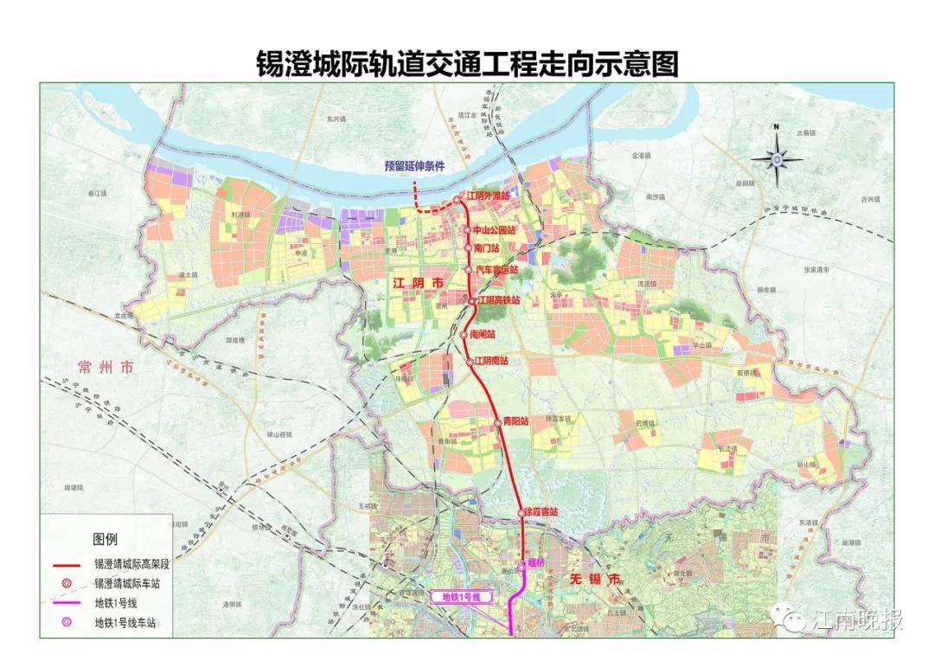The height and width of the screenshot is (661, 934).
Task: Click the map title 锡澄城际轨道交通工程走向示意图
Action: tap(467, 62)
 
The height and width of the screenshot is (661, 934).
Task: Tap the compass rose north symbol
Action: tap(777, 157)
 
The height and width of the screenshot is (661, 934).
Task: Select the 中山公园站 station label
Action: tap(494, 231)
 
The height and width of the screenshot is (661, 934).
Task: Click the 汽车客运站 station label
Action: tap(496, 270)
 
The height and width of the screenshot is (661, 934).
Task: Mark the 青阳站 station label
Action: tap(515, 422)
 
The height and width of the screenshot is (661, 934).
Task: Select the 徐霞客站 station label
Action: tap(542, 512)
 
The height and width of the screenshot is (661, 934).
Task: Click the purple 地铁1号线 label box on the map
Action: tap(460, 596)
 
